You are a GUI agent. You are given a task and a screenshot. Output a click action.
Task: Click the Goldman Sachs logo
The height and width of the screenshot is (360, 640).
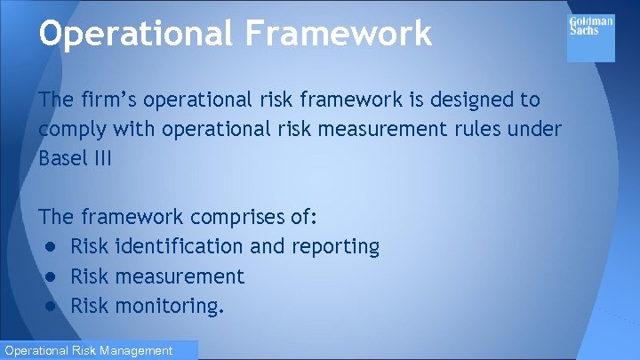coord(591,36)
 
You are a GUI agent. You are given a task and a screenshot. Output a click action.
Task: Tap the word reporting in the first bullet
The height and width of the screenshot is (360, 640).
coord(336,247)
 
